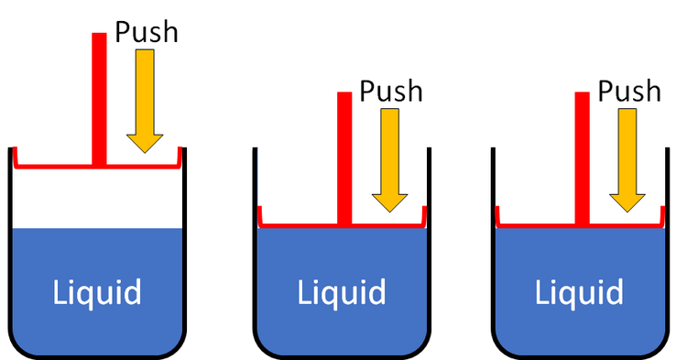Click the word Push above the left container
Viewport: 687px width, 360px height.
click(147, 33)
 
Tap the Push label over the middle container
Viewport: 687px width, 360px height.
click(391, 92)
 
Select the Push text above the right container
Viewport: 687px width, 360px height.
click(629, 91)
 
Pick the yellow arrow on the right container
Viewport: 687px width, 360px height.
click(628, 159)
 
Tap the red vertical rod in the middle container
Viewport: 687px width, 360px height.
click(344, 156)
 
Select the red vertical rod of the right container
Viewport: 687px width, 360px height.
click(582, 156)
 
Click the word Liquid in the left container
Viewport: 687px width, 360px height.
click(97, 293)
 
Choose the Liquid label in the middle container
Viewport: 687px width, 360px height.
click(342, 293)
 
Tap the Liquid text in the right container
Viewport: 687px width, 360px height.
click(580, 293)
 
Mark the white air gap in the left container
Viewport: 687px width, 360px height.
click(97, 198)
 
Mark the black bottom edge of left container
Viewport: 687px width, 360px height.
click(97, 355)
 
